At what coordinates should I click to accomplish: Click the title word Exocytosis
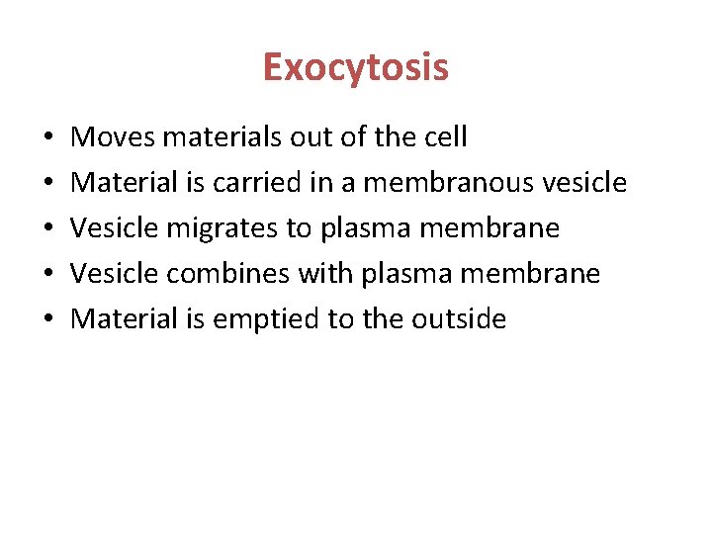[356, 67]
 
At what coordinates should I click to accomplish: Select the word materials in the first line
[222, 136]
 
